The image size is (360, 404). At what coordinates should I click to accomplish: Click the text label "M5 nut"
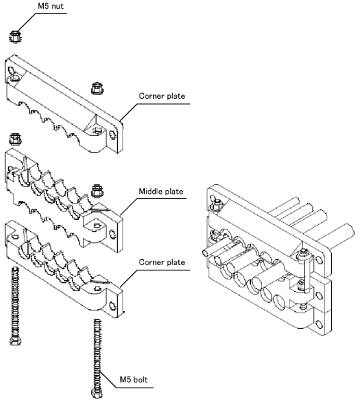tap(50, 6)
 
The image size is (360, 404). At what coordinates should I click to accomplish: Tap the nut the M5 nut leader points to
tap(15, 36)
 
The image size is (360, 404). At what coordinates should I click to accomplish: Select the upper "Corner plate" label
tap(162, 96)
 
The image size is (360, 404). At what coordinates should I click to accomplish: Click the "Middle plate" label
tap(161, 191)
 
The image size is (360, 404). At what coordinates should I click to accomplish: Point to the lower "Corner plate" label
tap(162, 262)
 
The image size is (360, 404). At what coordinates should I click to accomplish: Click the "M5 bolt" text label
tap(134, 379)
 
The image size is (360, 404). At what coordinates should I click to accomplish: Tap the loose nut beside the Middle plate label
tap(97, 191)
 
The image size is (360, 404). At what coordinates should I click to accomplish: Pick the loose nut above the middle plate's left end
tap(15, 139)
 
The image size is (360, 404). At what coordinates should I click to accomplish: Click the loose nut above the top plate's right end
tap(97, 88)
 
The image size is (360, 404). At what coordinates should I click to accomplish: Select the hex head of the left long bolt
tap(15, 341)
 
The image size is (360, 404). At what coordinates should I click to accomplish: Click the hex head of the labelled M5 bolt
tap(97, 393)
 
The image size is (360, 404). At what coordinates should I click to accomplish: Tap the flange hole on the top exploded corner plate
tap(113, 134)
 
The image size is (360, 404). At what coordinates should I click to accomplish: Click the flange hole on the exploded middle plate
tap(113, 234)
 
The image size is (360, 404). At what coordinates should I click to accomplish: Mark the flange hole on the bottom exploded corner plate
tap(113, 305)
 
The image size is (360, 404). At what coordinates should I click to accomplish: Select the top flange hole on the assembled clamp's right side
tap(319, 260)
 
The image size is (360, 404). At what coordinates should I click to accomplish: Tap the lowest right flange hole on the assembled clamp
tap(319, 325)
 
